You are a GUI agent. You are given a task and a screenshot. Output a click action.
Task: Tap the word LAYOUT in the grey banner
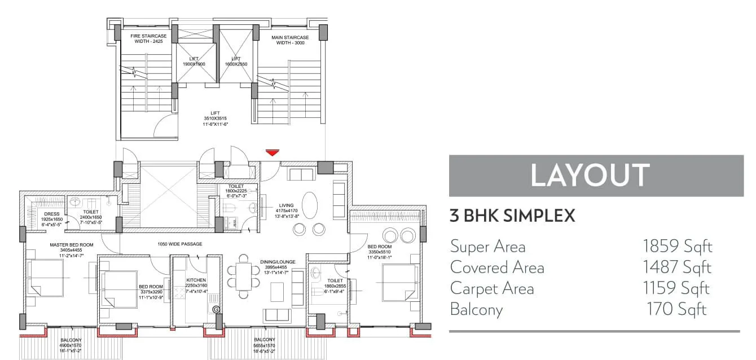590,175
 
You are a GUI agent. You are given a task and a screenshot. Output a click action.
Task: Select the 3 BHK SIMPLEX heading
512,216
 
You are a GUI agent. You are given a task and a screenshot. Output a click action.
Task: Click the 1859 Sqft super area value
677,247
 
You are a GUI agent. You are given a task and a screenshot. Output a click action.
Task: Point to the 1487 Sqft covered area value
677,267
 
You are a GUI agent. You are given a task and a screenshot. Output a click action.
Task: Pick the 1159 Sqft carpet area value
676,288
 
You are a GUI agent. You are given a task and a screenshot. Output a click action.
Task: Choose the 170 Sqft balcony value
676,309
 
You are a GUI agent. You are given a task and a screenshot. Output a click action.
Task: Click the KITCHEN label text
196,280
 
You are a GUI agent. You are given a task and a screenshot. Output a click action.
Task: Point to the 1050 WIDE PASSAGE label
180,244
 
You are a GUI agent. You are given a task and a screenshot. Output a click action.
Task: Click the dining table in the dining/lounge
243,277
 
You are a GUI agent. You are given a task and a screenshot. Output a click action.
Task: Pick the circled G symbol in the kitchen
216,309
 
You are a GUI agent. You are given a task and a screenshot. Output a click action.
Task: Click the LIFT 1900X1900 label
194,62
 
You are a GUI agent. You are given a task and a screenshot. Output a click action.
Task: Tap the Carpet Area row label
491,288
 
